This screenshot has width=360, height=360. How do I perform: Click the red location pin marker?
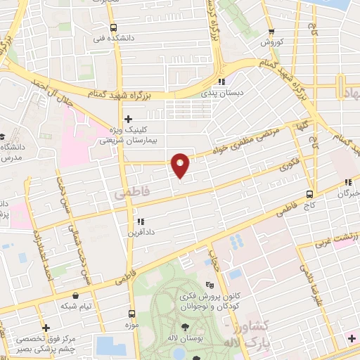point(181,165)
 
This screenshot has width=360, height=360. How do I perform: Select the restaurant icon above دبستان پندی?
point(221,81)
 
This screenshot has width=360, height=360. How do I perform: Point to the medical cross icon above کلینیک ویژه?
point(127,119)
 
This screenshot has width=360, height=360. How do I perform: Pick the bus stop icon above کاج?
point(310,193)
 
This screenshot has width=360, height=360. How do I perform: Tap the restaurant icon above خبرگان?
point(348,182)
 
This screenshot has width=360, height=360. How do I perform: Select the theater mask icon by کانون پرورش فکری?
point(208,285)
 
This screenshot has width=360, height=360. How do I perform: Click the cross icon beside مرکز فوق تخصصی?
point(46,328)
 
